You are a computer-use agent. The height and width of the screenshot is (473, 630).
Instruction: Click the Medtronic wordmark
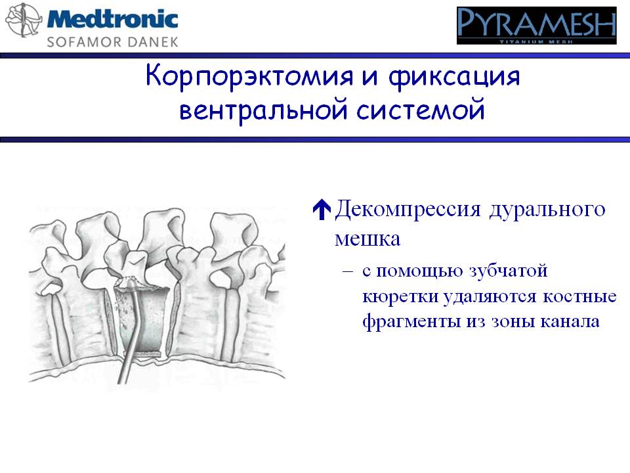click(112, 19)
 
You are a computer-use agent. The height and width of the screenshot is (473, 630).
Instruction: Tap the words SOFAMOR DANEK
click(112, 42)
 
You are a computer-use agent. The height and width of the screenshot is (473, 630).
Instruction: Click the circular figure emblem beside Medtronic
click(24, 20)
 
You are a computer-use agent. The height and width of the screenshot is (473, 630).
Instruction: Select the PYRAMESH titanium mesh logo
click(536, 26)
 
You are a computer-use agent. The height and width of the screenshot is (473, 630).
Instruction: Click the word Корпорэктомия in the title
click(249, 76)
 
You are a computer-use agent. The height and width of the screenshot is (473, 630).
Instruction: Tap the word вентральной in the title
click(263, 110)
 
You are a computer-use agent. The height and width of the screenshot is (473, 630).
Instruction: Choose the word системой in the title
click(421, 110)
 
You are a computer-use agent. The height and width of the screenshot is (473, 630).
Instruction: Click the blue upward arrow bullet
click(322, 210)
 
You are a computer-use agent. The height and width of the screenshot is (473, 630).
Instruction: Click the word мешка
click(367, 239)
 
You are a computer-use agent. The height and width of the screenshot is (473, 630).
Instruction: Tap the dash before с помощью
click(348, 271)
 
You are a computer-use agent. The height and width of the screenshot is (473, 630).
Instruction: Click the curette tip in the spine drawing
click(129, 282)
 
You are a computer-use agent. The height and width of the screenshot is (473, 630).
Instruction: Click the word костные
click(579, 297)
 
